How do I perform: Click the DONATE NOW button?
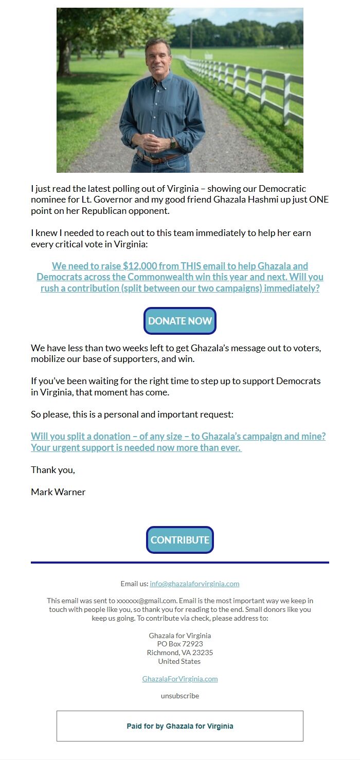180,321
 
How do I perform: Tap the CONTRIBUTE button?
180,540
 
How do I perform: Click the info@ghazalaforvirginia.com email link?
194,584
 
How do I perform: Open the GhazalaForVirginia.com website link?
180,679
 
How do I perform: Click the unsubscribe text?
180,696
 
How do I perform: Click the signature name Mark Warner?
58,492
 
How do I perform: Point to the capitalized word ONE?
319,200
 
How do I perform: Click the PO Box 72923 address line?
180,644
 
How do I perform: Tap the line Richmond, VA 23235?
180,653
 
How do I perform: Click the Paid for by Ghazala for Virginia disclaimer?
180,726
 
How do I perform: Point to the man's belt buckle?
153,158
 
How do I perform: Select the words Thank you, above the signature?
53,469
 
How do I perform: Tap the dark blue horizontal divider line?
180,563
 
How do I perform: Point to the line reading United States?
180,661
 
